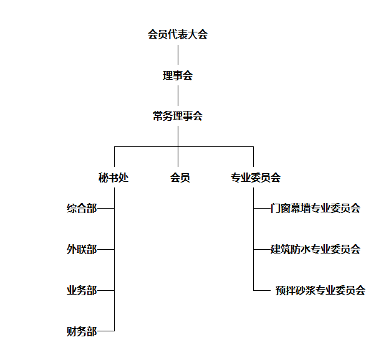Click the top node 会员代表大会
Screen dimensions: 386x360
(x=178, y=34)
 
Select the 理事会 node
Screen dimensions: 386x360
(x=178, y=75)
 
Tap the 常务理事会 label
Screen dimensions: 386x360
(x=178, y=116)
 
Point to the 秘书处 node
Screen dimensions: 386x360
(x=113, y=178)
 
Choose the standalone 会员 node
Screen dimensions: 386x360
(x=180, y=178)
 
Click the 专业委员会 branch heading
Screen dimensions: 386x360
(x=256, y=178)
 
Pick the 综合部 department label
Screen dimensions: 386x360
(x=82, y=208)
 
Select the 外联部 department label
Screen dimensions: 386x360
(x=82, y=249)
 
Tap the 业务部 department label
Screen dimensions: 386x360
(x=82, y=290)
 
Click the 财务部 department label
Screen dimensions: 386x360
(x=82, y=331)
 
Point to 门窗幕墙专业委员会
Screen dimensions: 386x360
(x=316, y=208)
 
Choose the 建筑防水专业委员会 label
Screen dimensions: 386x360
(x=316, y=249)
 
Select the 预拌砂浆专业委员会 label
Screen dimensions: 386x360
(x=321, y=290)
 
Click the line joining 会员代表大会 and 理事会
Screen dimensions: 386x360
(x=178, y=55)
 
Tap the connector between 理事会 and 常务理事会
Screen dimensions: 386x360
(x=178, y=96)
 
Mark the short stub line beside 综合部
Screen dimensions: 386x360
(x=106, y=208)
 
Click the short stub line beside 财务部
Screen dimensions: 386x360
(x=106, y=331)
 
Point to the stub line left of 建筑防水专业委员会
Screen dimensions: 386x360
(x=262, y=249)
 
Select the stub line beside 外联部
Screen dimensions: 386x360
(x=106, y=249)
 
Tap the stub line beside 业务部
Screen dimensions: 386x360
(x=106, y=290)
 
